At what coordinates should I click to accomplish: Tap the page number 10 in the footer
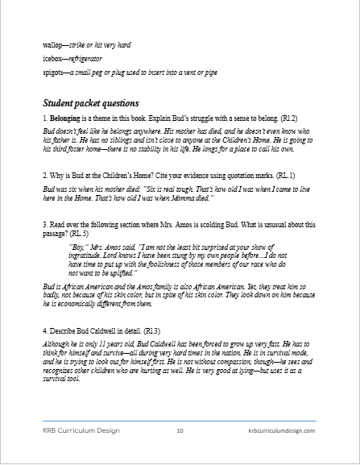(x=180, y=432)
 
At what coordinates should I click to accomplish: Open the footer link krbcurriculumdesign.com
(x=280, y=432)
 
